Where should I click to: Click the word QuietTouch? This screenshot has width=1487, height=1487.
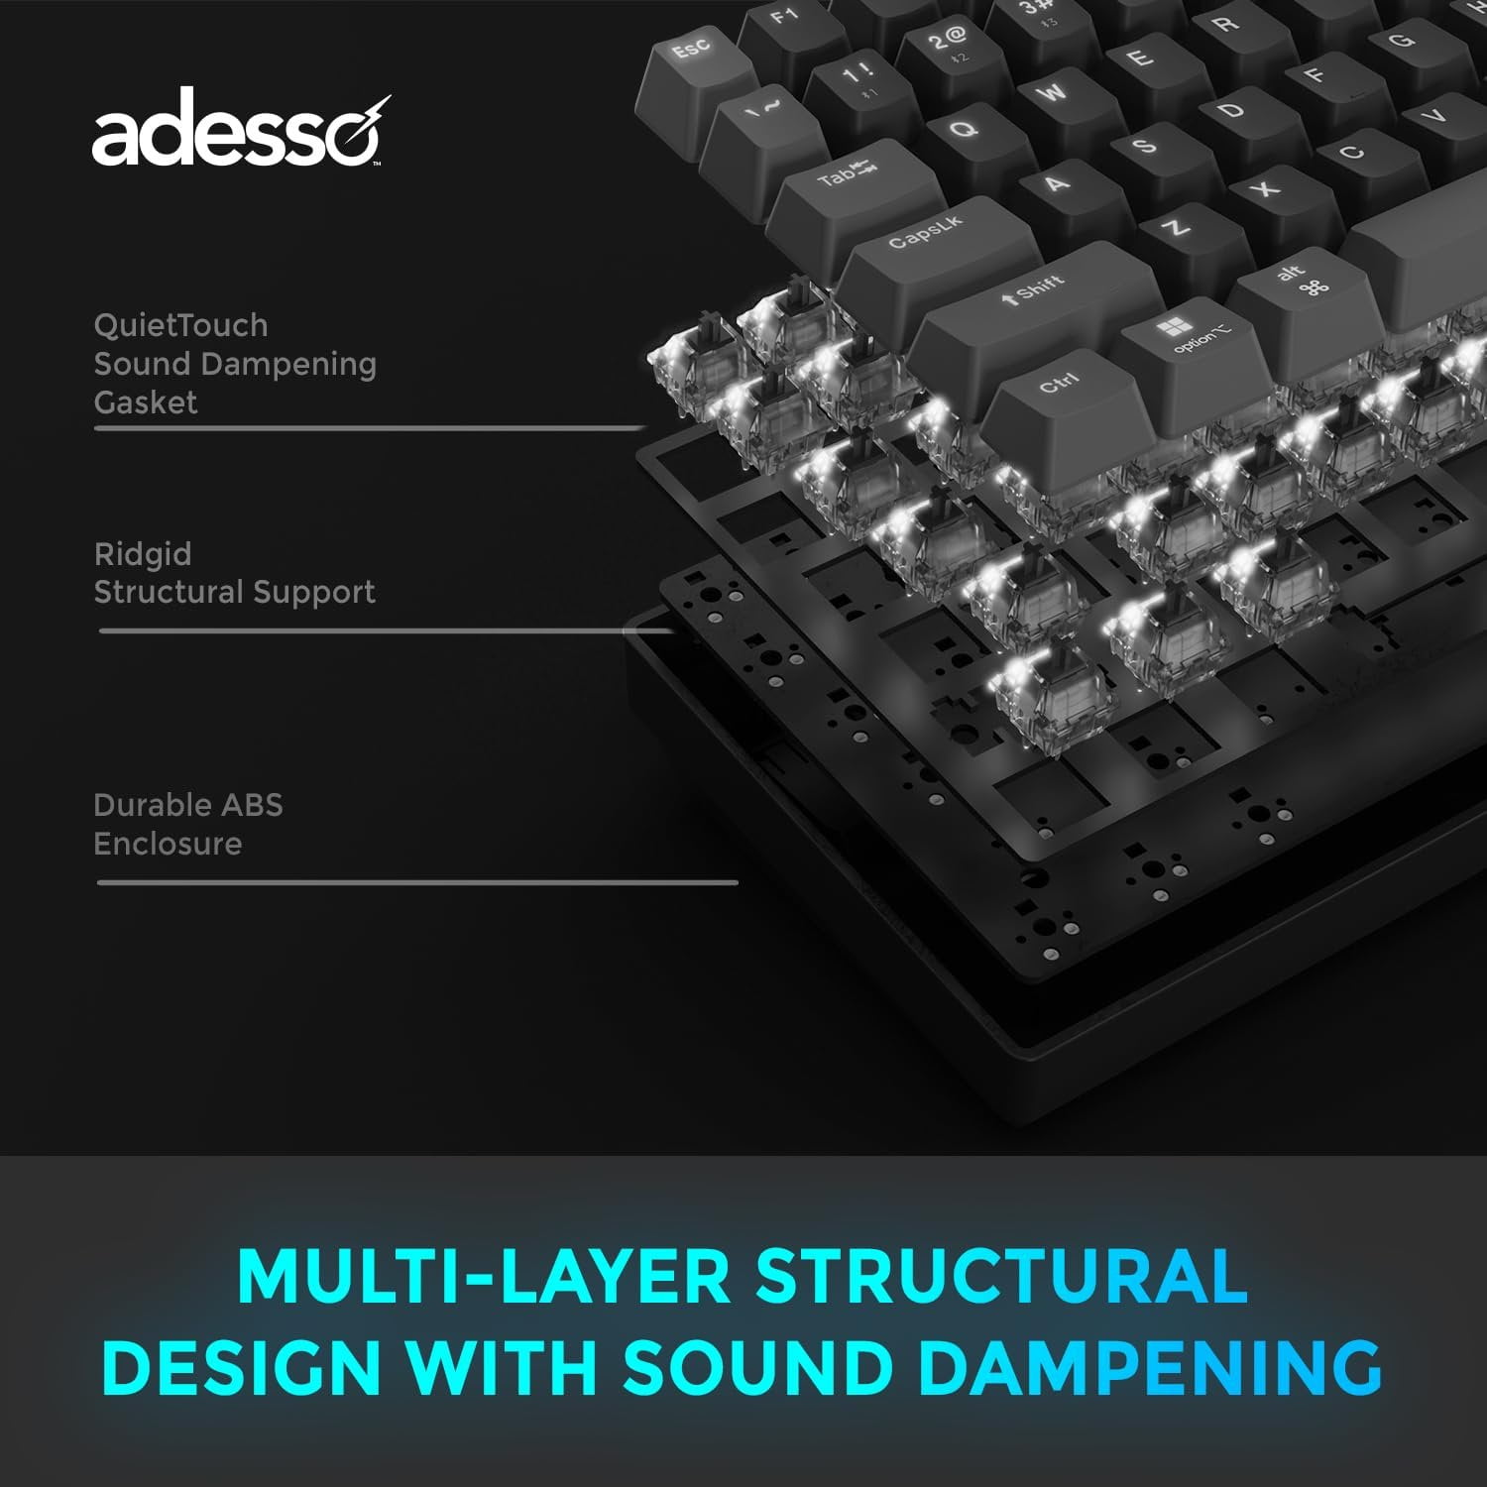[x=180, y=325]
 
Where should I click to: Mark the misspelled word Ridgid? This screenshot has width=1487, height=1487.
[x=143, y=555]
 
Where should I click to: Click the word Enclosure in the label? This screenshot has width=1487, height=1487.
[x=168, y=844]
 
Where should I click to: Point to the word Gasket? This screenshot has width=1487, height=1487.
[x=146, y=402]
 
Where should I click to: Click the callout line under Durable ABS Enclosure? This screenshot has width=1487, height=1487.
[x=417, y=882]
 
